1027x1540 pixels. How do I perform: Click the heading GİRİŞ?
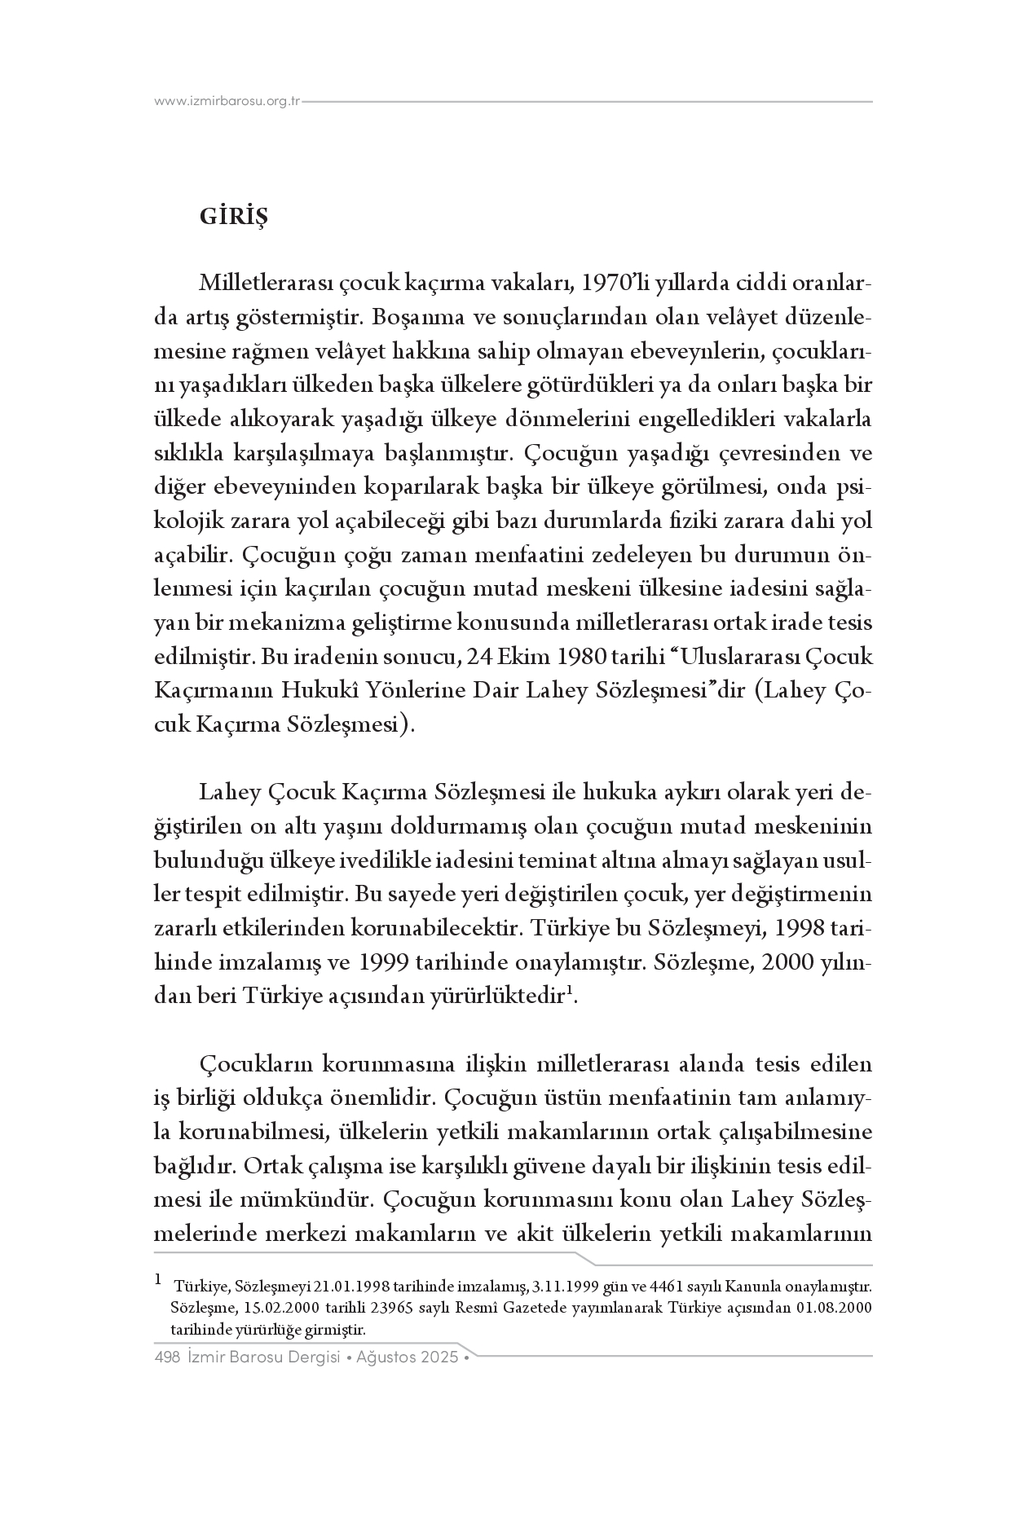tap(233, 218)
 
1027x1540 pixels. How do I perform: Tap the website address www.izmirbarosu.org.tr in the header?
tap(227, 102)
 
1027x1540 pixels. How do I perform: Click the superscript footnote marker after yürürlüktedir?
tap(570, 991)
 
